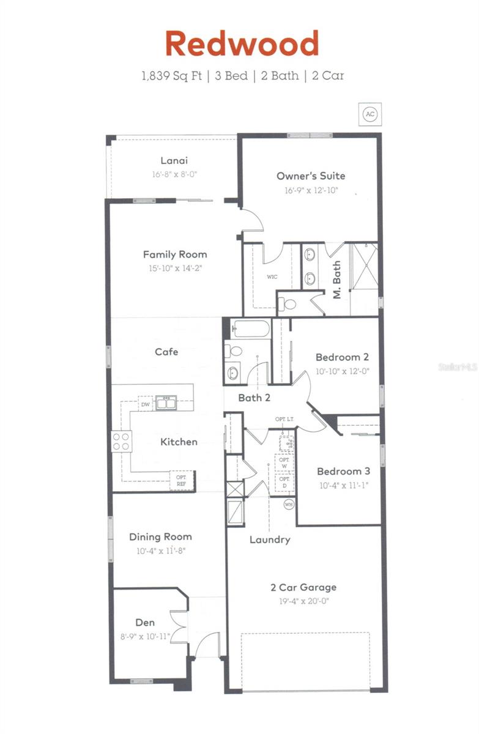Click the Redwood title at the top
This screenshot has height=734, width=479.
pyautogui.click(x=242, y=44)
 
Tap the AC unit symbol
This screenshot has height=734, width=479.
pyautogui.click(x=369, y=114)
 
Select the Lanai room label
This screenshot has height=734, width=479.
pyautogui.click(x=174, y=161)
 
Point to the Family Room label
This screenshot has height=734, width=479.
pyautogui.click(x=175, y=254)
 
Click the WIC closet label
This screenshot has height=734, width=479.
pyautogui.click(x=272, y=277)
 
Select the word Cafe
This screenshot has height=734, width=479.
pyautogui.click(x=166, y=352)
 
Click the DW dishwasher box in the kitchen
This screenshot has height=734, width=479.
pyautogui.click(x=145, y=404)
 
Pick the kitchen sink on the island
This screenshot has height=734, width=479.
pyautogui.click(x=165, y=402)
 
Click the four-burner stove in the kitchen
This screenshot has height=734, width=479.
pyautogui.click(x=121, y=441)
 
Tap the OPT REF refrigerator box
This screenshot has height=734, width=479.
pyautogui.click(x=182, y=480)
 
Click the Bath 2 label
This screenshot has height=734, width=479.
pyautogui.click(x=254, y=398)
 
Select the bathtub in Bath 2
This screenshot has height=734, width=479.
pyautogui.click(x=251, y=330)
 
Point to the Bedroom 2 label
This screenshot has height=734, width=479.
pyautogui.click(x=342, y=357)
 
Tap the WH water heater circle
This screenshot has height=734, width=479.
pyautogui.click(x=289, y=505)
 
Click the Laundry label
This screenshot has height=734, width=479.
pyautogui.click(x=270, y=539)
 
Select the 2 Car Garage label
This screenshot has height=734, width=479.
pyautogui.click(x=303, y=587)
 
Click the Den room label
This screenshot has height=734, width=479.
pyautogui.click(x=145, y=623)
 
